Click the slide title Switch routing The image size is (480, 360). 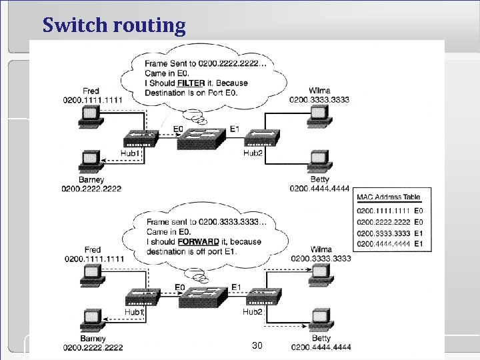(114, 25)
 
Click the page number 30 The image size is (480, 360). (257, 345)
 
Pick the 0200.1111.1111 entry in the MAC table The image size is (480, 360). (383, 211)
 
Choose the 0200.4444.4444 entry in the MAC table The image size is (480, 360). (383, 244)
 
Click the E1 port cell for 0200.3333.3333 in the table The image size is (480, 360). (418, 233)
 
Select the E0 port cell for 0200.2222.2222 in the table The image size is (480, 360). (418, 222)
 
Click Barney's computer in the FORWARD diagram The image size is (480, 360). (88, 319)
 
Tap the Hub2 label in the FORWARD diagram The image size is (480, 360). (252, 311)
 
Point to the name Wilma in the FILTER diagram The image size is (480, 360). (319, 90)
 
